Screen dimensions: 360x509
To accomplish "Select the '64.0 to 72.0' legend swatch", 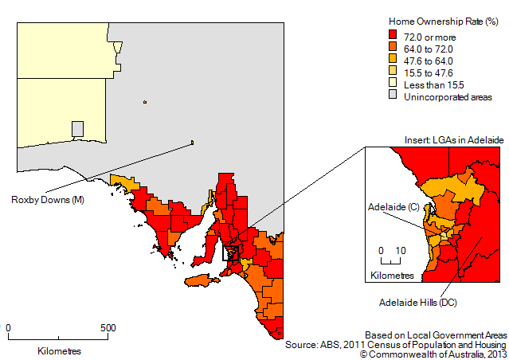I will coord(393,48).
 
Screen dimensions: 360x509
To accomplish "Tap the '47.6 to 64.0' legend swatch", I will coord(393,60).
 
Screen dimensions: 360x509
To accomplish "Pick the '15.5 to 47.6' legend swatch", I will coord(393,72).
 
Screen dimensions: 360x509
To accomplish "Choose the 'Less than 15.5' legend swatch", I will coord(393,84).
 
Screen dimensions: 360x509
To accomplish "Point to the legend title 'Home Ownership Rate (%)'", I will coord(439,22).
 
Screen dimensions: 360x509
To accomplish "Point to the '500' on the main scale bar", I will coord(108,327).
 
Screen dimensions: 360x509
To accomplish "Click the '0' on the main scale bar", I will coord(8,327).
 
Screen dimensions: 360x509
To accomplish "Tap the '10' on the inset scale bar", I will coord(400,250).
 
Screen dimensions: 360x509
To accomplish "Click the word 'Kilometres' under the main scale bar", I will coord(58,350).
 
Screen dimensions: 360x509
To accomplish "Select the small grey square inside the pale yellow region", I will coord(77,128).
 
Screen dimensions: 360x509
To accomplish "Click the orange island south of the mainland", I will coord(201,280).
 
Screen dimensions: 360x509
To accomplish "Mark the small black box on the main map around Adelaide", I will coord(232,253).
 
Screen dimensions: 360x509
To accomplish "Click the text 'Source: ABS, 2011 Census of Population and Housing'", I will coord(395,343).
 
